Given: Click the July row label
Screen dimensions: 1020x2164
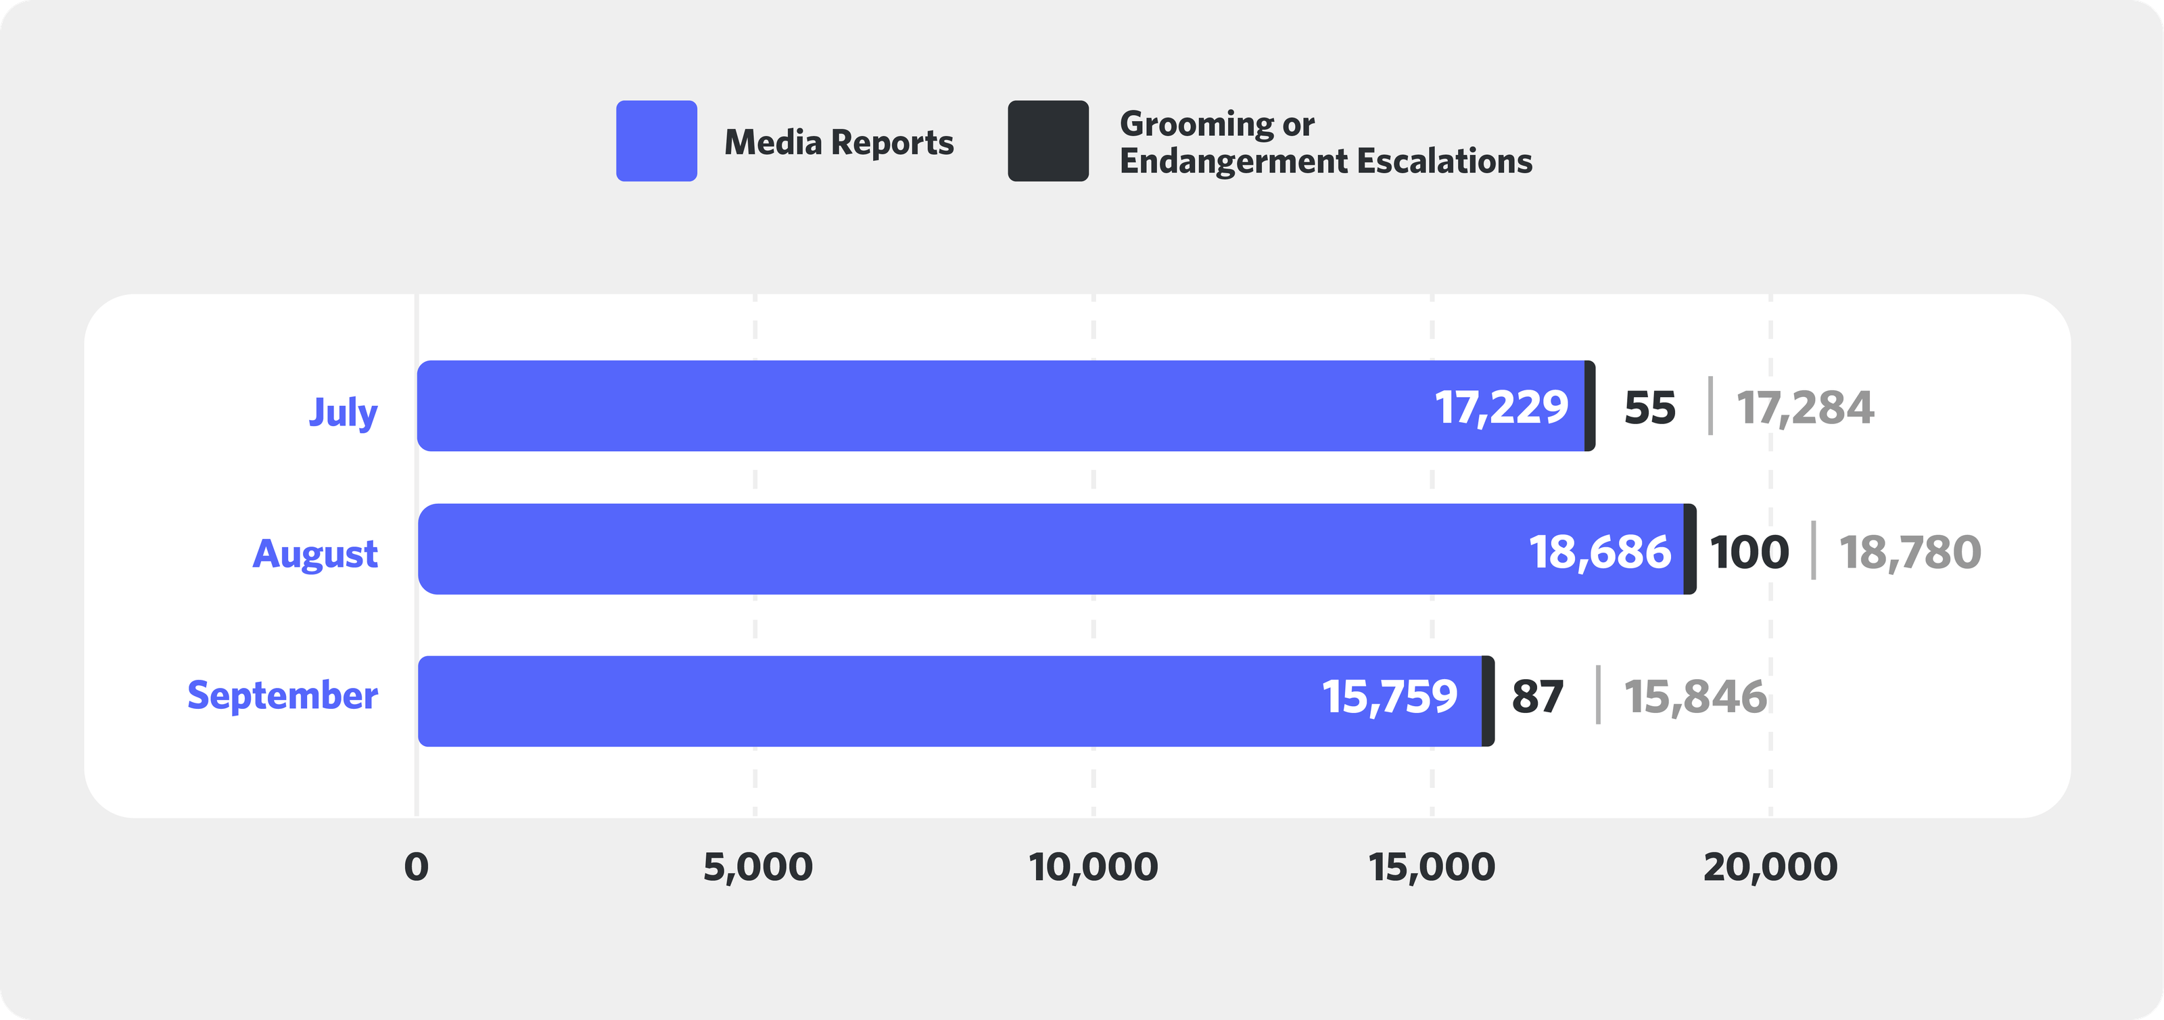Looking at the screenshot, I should click(x=343, y=412).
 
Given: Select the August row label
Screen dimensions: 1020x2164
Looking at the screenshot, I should click(x=315, y=554).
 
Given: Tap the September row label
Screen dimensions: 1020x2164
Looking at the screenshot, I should click(x=282, y=696).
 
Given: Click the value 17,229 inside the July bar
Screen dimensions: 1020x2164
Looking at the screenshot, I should click(x=1501, y=407).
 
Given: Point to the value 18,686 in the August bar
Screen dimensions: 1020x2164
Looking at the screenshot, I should click(x=1599, y=552).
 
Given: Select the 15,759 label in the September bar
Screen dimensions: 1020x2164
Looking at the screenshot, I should click(x=1390, y=697).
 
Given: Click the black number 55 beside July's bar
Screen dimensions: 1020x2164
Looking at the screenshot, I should click(x=1650, y=409).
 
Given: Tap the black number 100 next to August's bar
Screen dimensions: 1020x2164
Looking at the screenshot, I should click(x=1749, y=552).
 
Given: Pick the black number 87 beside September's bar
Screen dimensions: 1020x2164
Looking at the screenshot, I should click(x=1537, y=697).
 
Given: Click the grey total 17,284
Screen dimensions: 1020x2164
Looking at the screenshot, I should click(x=1804, y=409).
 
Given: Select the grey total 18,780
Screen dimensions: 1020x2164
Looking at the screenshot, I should click(x=1910, y=552).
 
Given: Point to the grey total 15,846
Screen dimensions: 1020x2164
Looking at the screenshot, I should click(x=1695, y=697).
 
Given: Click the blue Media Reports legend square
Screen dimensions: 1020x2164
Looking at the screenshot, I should click(x=656, y=141).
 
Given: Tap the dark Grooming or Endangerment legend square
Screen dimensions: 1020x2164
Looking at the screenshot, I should click(x=1048, y=141).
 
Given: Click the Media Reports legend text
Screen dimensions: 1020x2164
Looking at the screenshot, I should click(x=839, y=142).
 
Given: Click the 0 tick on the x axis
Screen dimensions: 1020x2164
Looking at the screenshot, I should click(x=416, y=867).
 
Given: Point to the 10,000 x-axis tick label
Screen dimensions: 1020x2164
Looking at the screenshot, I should click(x=1093, y=867).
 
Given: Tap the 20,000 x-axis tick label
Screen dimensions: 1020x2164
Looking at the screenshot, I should click(x=1770, y=867).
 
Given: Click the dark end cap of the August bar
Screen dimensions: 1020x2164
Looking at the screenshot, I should click(x=1690, y=549).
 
